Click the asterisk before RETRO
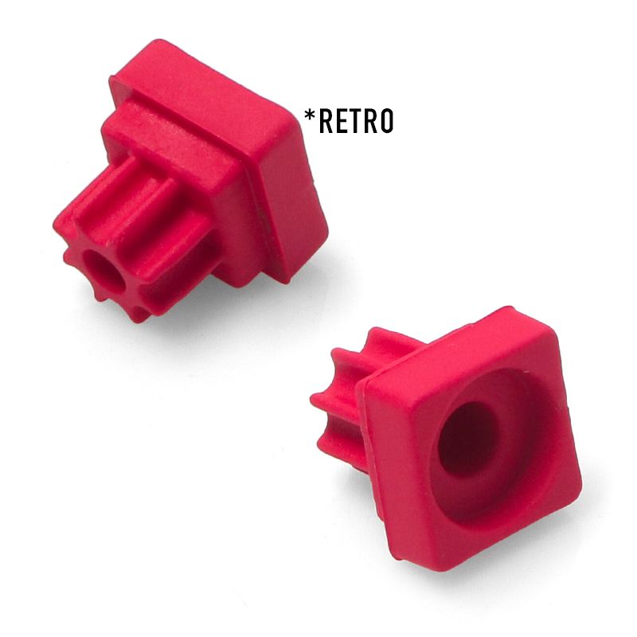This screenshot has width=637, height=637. [x=309, y=115]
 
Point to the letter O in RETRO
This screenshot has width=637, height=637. [x=386, y=121]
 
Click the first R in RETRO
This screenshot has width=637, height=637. [x=326, y=121]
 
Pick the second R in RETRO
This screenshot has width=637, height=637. [x=371, y=121]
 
